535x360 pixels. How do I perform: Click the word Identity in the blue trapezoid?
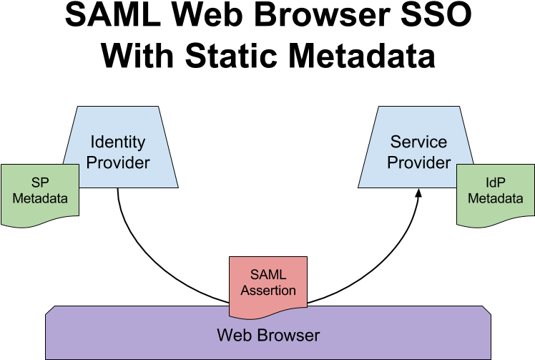[117, 142]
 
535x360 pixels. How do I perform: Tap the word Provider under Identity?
[118, 162]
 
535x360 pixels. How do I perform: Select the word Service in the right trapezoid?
[418, 142]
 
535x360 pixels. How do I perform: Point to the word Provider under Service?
[419, 162]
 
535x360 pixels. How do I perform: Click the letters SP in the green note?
[40, 182]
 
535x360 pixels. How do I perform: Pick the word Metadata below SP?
[40, 198]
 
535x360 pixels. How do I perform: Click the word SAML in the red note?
[268, 275]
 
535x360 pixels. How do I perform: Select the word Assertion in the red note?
[268, 291]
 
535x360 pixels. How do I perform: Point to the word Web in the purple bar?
[232, 335]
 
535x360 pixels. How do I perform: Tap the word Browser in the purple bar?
[288, 335]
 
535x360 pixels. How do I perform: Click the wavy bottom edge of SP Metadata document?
[40, 223]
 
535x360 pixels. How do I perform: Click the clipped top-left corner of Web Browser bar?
[50, 310]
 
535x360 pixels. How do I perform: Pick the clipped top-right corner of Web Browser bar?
[486, 310]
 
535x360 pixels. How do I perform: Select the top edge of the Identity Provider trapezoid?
[118, 107]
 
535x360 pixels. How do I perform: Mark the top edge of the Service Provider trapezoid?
[418, 107]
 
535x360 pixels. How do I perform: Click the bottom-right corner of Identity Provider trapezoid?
[177, 186]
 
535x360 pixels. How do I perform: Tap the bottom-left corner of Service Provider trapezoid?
[360, 186]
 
